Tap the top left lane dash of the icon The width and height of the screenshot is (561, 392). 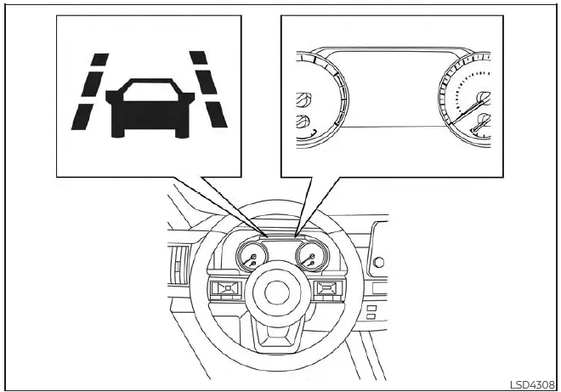pos(99,59)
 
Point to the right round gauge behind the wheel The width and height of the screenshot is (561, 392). pos(309,257)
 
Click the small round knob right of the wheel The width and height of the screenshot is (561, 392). pos(377,261)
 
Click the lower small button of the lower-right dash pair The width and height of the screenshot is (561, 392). pos(371,315)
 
